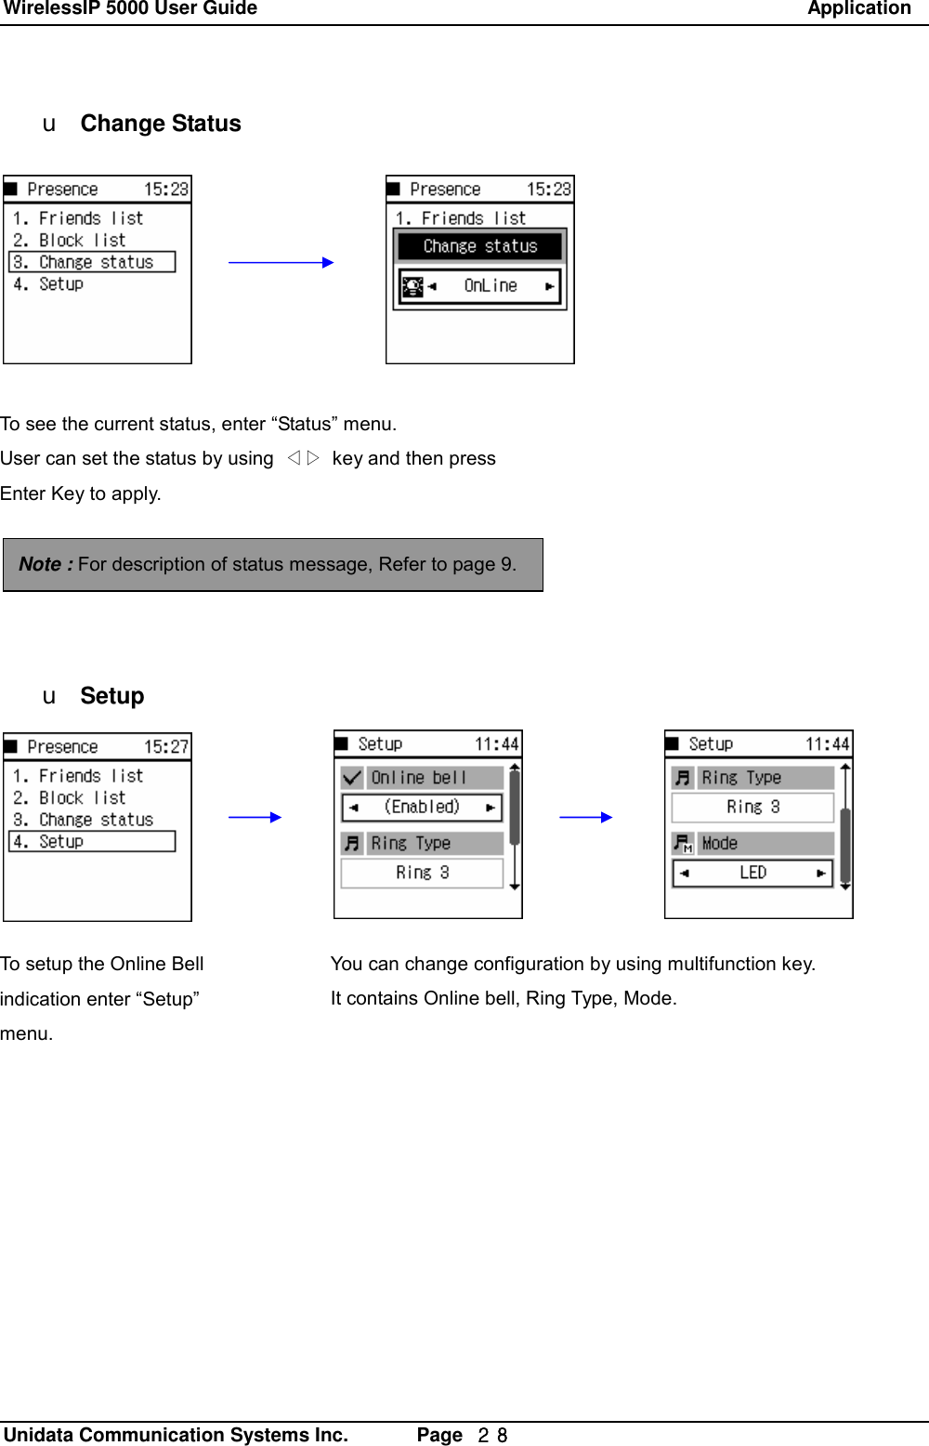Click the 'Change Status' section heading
click(x=160, y=124)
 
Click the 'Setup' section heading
click(x=111, y=696)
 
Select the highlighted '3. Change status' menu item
click(x=92, y=263)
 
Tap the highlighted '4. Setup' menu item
click(x=92, y=842)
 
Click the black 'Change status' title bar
click(x=479, y=246)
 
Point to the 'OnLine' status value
click(x=491, y=286)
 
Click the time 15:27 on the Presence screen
click(x=165, y=747)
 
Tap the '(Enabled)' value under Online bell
click(x=422, y=808)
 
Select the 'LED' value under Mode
click(x=752, y=874)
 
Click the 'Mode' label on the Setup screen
click(x=720, y=844)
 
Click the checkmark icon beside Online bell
click(x=352, y=778)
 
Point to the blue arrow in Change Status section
click(x=281, y=263)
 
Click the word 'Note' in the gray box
click(x=40, y=564)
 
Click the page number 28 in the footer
click(x=492, y=1435)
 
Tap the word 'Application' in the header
click(x=858, y=9)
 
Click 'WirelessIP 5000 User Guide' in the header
click(x=130, y=9)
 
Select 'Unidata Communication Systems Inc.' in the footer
click(x=176, y=1435)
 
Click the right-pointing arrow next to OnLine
click(x=550, y=286)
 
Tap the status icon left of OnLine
click(x=412, y=286)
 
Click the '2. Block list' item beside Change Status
click(x=70, y=241)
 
